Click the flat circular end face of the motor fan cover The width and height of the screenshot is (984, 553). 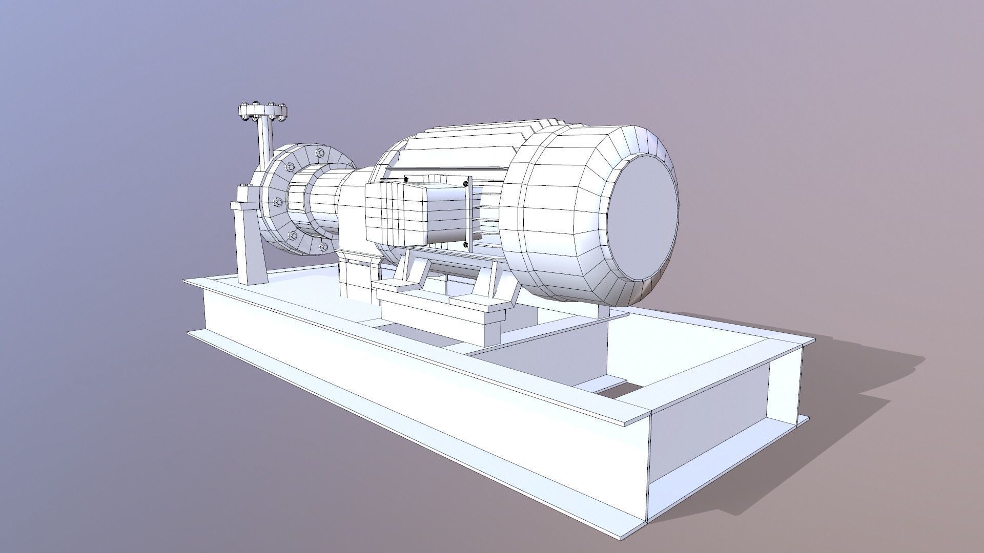point(643,215)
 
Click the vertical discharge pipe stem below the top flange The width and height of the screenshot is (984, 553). point(265,141)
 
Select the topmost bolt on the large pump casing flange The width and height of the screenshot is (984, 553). point(320,153)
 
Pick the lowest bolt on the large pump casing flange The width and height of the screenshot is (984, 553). point(323,247)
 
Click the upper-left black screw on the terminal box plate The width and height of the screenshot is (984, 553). point(406,179)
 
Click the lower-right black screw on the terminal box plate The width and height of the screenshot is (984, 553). point(465,245)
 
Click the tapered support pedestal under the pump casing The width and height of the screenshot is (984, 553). point(251,246)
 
